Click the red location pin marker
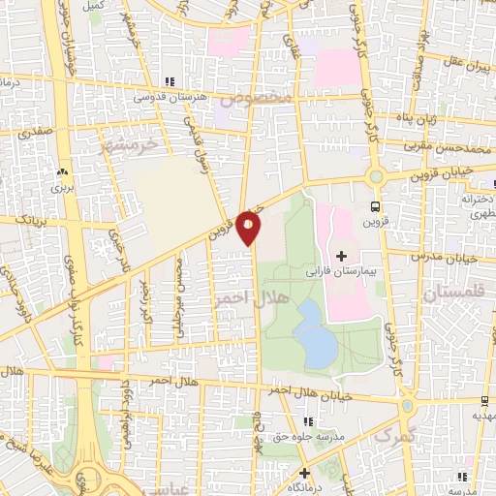(249, 227)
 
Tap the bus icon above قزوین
(375, 206)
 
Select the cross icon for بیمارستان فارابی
(341, 255)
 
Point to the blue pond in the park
(312, 329)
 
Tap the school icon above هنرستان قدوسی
(170, 82)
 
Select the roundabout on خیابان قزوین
(375, 176)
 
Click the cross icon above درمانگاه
(305, 473)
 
